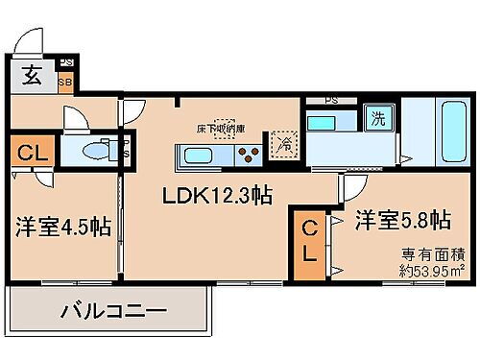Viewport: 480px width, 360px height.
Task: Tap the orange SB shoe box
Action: point(65,81)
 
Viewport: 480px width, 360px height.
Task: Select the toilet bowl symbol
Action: point(97,151)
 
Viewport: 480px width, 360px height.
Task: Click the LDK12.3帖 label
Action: point(217,196)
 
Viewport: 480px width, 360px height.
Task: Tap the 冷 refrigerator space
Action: point(285,144)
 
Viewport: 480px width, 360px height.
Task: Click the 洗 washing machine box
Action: point(378,120)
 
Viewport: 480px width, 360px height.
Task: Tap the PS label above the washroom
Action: point(331,99)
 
